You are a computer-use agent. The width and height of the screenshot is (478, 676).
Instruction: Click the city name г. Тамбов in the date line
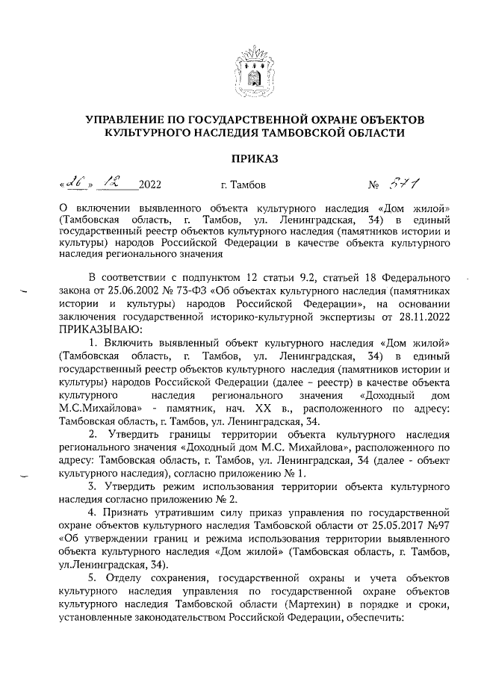coord(240,184)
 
